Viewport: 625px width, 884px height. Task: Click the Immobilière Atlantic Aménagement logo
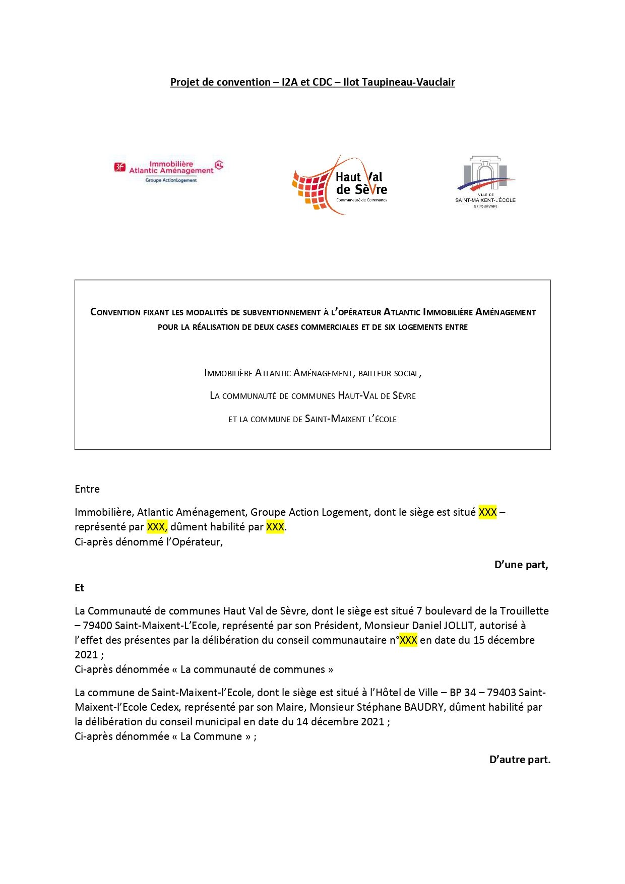coord(169,171)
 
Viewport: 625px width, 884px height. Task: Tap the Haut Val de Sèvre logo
coord(340,185)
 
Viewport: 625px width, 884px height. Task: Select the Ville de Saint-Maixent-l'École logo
coord(485,182)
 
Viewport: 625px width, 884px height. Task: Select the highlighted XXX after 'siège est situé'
coord(487,512)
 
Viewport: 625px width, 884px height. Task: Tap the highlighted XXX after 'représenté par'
coord(156,527)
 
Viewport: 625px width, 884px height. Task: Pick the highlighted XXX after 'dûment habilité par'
coord(275,527)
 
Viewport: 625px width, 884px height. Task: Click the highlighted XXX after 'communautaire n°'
coord(408,640)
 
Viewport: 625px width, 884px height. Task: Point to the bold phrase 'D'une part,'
coord(521,565)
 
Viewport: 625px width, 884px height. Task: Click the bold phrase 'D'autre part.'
coord(520,760)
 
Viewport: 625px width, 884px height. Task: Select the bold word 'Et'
coord(79,588)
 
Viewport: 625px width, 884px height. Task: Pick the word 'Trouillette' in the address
coord(524,611)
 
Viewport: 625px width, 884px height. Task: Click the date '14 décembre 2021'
coord(340,722)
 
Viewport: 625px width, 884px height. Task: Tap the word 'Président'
coord(336,626)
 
